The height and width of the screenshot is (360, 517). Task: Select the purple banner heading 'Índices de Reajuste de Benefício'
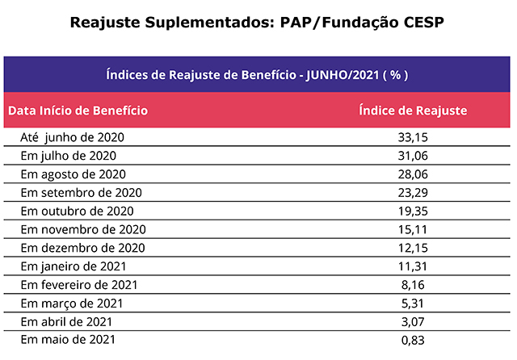(257, 75)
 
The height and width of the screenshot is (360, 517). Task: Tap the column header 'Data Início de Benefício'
(78, 110)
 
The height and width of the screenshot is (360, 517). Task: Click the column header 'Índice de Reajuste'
(413, 110)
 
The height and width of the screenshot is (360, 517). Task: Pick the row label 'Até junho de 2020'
(72, 137)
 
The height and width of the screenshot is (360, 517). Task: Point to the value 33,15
(413, 137)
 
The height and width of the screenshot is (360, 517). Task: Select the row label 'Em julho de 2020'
(69, 155)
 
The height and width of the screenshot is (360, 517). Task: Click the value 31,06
(413, 155)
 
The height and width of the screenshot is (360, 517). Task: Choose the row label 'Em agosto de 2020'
(73, 174)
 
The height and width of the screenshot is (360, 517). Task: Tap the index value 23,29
(413, 192)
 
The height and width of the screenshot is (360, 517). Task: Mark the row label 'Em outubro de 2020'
(76, 211)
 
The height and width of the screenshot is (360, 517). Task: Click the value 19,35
(413, 211)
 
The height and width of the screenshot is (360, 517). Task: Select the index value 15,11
(413, 229)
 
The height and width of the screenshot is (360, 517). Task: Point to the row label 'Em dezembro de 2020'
(82, 247)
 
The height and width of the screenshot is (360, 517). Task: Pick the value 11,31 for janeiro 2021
(413, 266)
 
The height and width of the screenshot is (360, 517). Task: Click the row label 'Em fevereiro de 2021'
(79, 284)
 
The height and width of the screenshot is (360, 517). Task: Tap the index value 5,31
(413, 303)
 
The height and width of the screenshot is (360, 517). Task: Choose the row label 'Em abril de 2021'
(67, 321)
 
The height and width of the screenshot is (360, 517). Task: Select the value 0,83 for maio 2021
(413, 340)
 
